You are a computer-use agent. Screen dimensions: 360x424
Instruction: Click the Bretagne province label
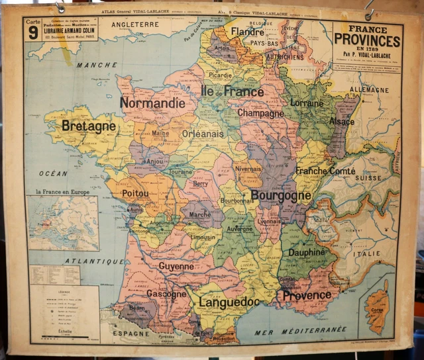pos(88,126)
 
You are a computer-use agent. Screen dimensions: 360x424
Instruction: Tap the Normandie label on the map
pos(152,103)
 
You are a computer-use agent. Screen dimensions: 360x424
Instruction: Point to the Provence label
pos(307,295)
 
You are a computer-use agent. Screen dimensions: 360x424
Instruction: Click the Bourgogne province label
pos(280,196)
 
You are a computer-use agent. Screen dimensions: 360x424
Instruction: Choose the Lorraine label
pos(307,103)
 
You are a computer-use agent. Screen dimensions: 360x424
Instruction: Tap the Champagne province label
pos(260,113)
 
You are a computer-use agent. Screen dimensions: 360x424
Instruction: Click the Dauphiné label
pos(306,252)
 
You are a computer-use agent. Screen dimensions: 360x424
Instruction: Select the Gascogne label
pos(166,293)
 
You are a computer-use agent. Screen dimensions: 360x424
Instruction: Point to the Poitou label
pos(135,193)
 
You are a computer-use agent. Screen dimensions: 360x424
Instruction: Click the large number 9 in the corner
pos(32,34)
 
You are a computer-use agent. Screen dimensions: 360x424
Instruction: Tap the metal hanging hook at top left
pos(60,7)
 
